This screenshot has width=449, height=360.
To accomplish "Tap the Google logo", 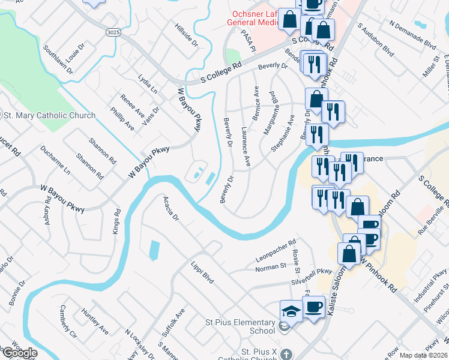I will tap(19, 353).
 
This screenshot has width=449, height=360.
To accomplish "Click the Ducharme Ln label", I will tap(55, 159).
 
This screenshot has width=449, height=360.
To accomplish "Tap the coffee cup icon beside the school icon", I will tap(313, 307).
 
